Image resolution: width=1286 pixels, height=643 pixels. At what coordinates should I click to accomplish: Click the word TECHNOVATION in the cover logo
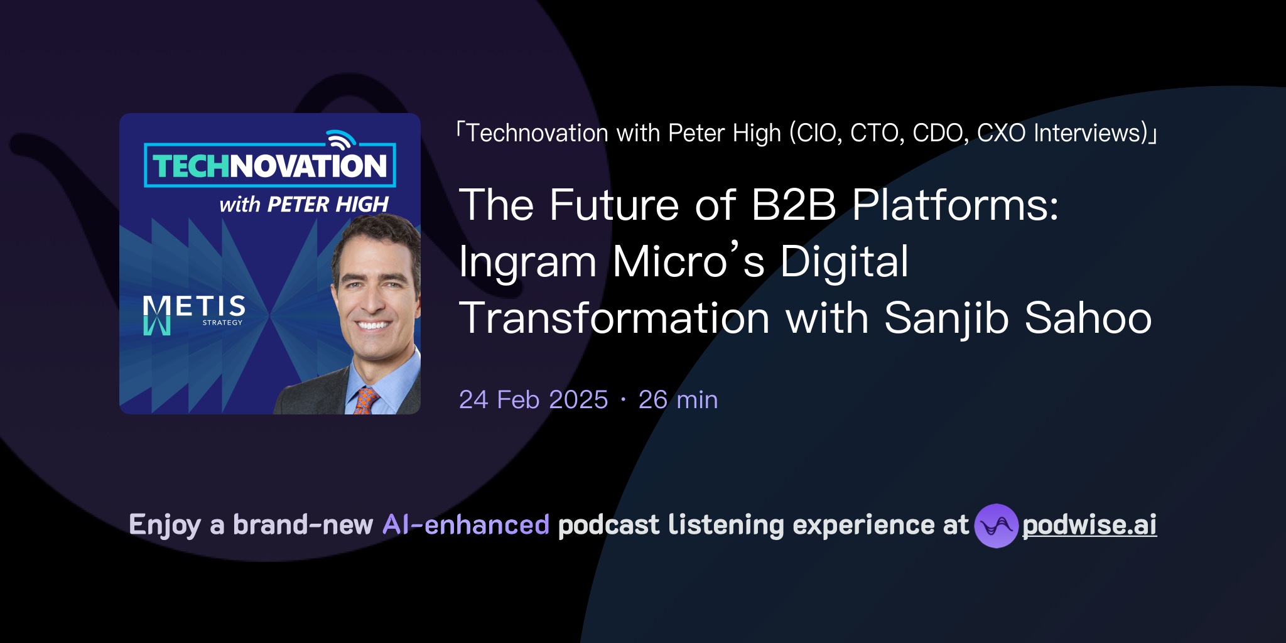(270, 166)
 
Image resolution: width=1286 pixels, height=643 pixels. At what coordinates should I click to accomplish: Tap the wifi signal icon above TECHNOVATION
(341, 139)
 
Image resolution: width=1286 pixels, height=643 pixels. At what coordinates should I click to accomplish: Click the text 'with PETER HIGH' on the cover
(304, 204)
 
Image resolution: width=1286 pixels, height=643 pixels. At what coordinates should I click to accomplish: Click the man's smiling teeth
(372, 325)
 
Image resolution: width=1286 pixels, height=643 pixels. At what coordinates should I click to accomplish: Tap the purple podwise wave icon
(995, 526)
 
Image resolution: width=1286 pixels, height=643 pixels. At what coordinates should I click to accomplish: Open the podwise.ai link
(1089, 525)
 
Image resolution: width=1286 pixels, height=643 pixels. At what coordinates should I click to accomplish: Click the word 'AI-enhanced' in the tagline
(466, 525)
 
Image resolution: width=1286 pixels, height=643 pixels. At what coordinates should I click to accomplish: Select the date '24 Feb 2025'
(533, 400)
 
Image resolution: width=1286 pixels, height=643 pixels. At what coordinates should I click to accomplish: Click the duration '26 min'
(678, 400)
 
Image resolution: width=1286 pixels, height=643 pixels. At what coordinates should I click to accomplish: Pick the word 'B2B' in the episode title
(794, 205)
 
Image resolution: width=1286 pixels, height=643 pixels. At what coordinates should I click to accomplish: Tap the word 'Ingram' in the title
(527, 262)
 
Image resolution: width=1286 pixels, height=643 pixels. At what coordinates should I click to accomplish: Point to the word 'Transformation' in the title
(614, 318)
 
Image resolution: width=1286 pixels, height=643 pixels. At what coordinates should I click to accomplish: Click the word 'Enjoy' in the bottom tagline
(165, 525)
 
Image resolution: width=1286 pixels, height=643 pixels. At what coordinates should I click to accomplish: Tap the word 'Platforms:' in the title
(955, 205)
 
